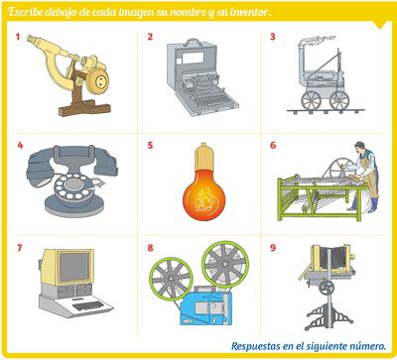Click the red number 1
(x=18, y=37)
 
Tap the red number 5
(x=150, y=145)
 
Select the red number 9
(x=273, y=248)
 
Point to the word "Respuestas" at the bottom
(x=255, y=346)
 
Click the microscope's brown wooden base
(x=84, y=108)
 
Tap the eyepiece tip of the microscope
(x=32, y=39)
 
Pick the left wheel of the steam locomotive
(x=311, y=100)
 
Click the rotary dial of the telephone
(x=71, y=186)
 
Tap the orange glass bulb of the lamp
(x=203, y=194)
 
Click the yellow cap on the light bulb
(x=203, y=157)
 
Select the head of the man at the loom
(x=359, y=148)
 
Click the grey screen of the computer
(x=74, y=267)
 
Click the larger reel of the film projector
(x=225, y=264)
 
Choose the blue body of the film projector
(x=205, y=308)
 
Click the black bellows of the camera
(x=331, y=256)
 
